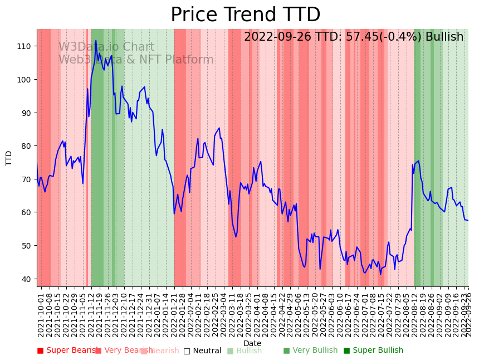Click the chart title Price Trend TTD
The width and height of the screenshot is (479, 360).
pyautogui.click(x=245, y=15)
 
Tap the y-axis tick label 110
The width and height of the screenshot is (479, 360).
pyautogui.click(x=26, y=46)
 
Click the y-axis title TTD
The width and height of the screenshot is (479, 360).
pyautogui.click(x=9, y=158)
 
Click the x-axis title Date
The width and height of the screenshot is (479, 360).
pyautogui.click(x=252, y=343)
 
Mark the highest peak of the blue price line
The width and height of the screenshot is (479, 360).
pyautogui.click(x=96, y=41)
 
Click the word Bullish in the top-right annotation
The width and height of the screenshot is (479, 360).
pyautogui.click(x=444, y=37)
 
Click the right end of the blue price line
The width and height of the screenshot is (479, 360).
pyautogui.click(x=468, y=220)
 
